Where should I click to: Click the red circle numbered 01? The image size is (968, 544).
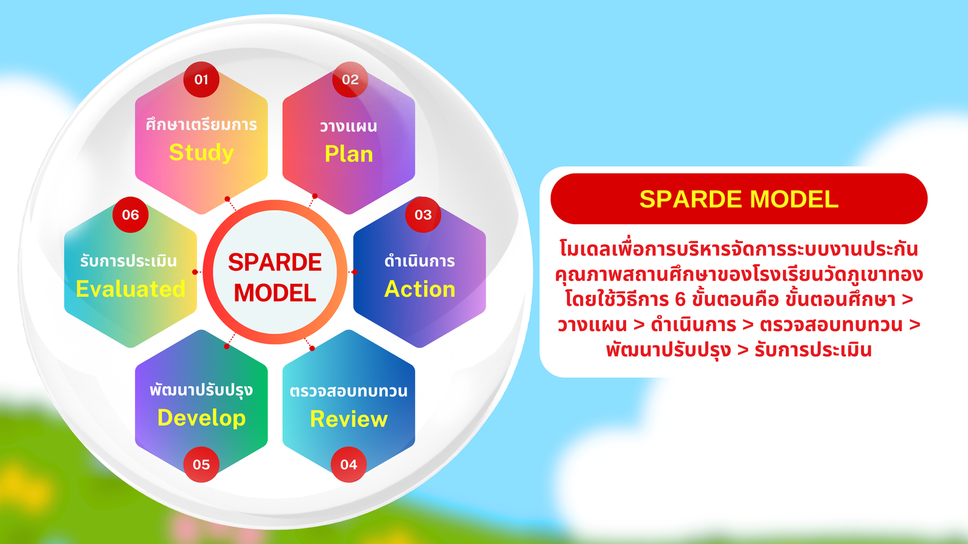pos(201,79)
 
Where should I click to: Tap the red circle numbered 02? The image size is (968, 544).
pos(350,79)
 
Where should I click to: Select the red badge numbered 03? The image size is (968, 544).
pos(423,215)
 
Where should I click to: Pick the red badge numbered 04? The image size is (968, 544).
pos(348,464)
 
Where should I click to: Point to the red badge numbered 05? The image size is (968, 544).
pos(201,464)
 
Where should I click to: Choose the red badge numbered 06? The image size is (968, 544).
pos(131,215)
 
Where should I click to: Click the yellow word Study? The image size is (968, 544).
pos(201,153)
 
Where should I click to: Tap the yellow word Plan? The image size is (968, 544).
pos(348,154)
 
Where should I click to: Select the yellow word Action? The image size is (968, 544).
pos(420,289)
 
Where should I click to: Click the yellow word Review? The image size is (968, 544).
pos(348,419)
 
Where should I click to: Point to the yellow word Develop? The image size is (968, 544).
pos(201,418)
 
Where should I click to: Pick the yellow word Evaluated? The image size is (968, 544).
pos(131,289)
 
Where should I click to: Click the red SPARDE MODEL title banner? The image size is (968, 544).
pos(739,199)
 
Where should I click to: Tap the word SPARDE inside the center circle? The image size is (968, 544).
pos(275,262)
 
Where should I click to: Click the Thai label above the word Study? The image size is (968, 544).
pos(201,125)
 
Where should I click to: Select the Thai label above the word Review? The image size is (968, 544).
pos(348,390)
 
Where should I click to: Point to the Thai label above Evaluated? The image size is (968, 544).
pos(129,261)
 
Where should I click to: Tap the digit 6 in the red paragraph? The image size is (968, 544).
pos(680,299)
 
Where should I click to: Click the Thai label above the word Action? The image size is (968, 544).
pos(420,261)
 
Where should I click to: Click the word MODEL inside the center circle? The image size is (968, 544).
pos(275,293)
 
